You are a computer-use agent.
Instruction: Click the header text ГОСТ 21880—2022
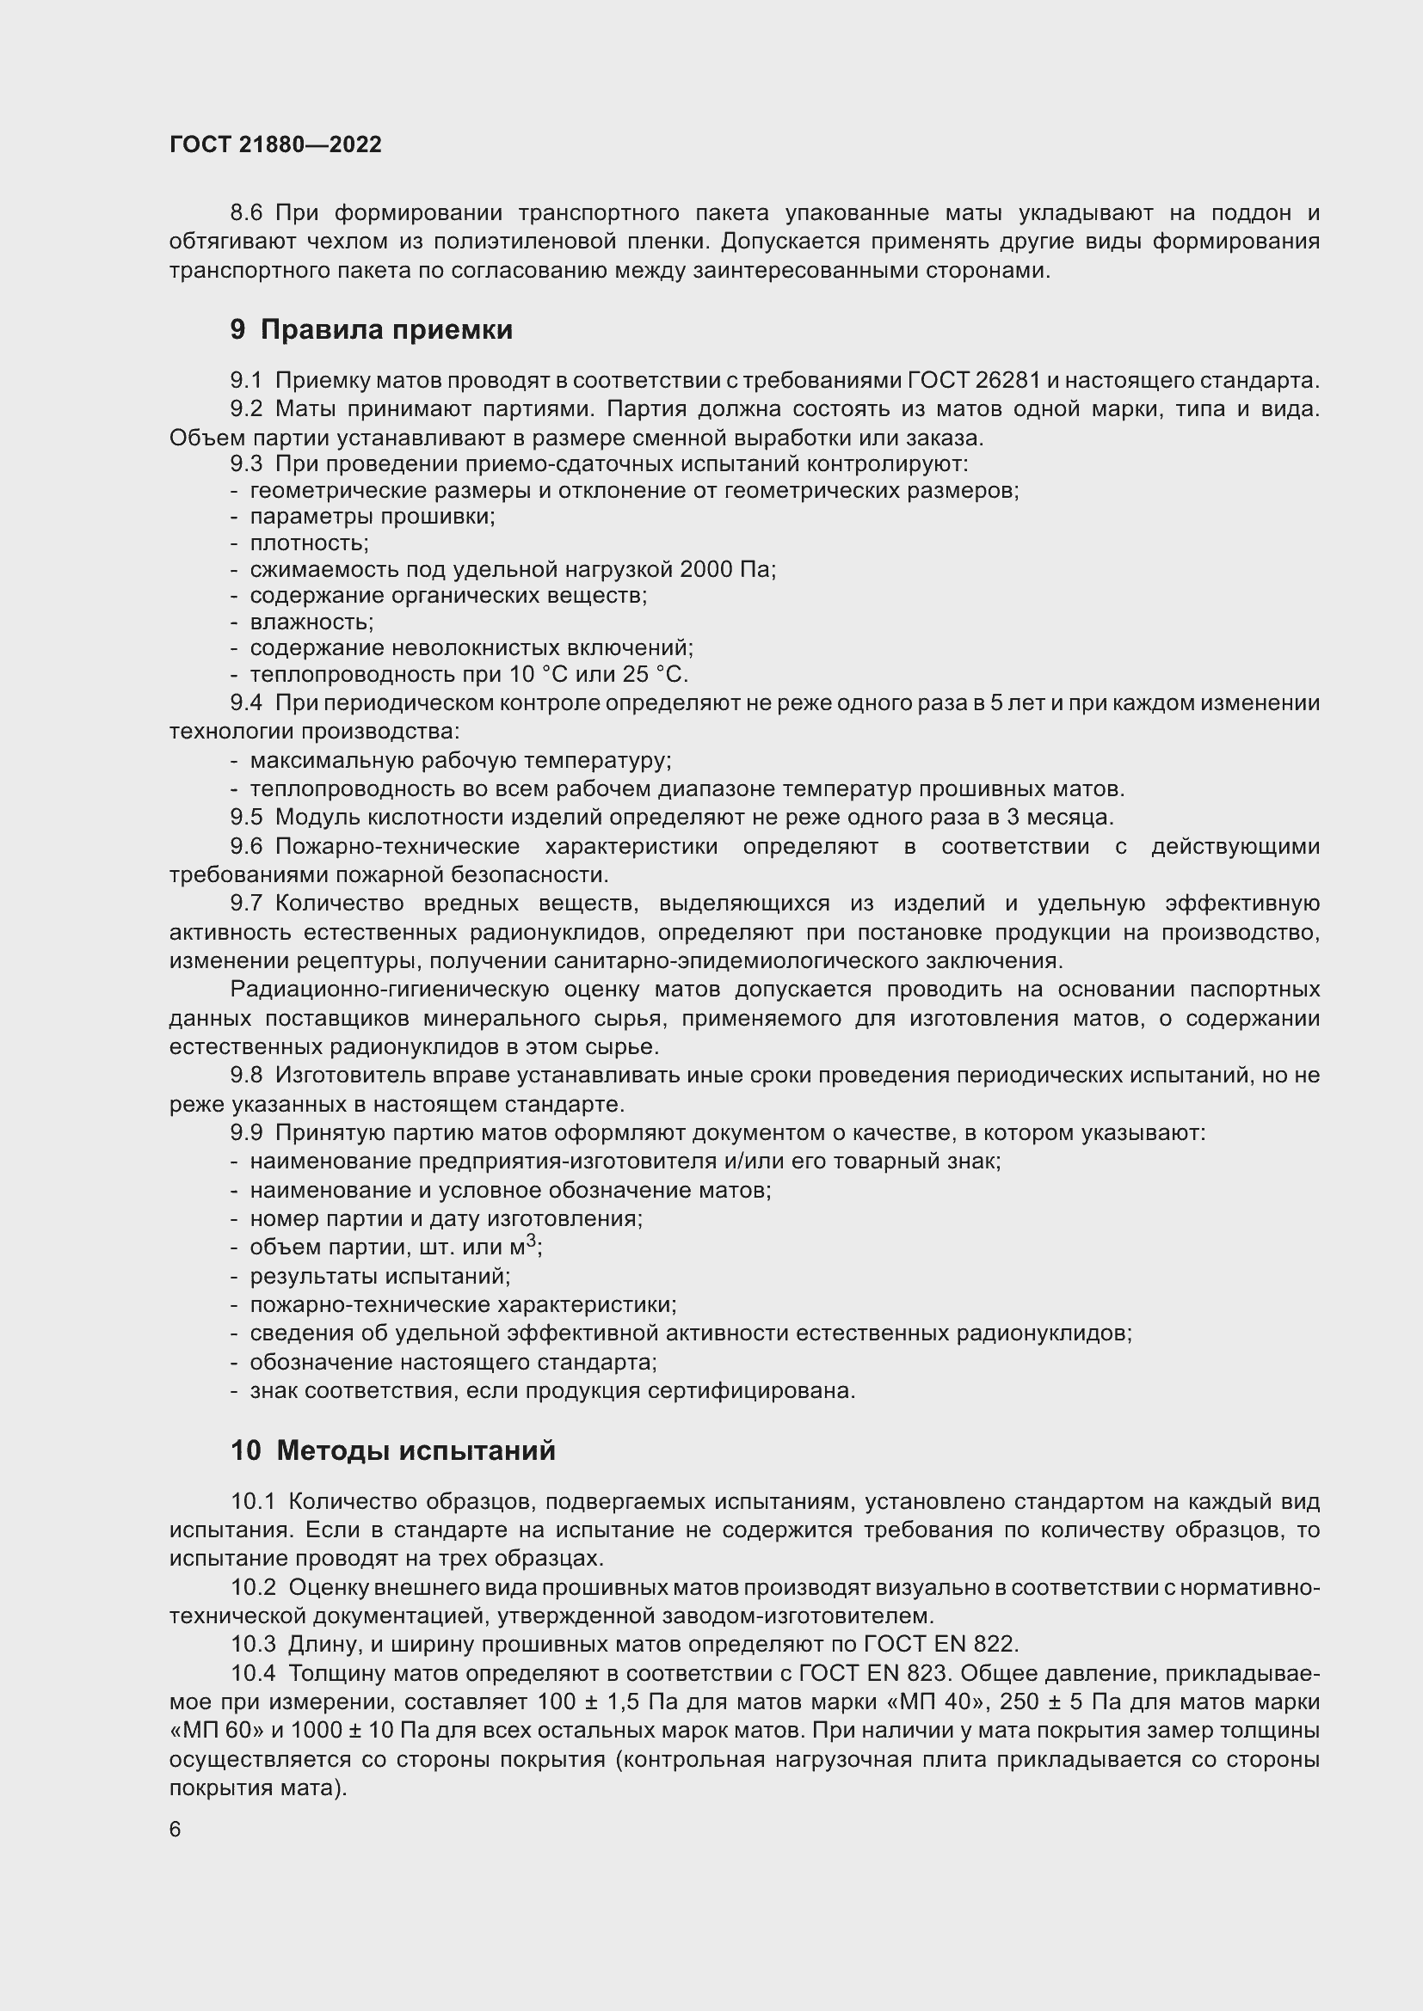pyautogui.click(x=275, y=144)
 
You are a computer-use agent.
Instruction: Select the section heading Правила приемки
pyautogui.click(x=385, y=330)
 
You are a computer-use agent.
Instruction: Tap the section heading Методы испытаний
pyautogui.click(x=416, y=1450)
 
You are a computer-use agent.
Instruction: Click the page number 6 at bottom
pyautogui.click(x=176, y=1830)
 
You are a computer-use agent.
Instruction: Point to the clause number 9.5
pyautogui.click(x=246, y=817)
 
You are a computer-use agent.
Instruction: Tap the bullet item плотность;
pyautogui.click(x=309, y=543)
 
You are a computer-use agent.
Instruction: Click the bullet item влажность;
pyautogui.click(x=311, y=622)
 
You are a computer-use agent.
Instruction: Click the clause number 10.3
pyautogui.click(x=253, y=1643)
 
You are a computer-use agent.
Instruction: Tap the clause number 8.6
pyautogui.click(x=246, y=213)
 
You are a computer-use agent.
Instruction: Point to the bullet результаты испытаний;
pyautogui.click(x=379, y=1276)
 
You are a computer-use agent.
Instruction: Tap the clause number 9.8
pyautogui.click(x=246, y=1075)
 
